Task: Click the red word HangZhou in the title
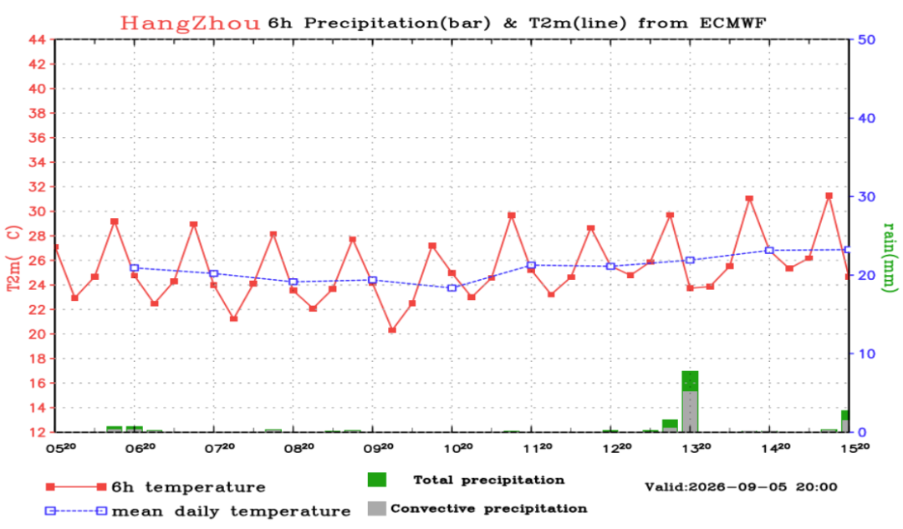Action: (190, 23)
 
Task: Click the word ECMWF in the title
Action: (733, 23)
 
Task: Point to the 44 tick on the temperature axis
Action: (37, 40)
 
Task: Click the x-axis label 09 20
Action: (379, 448)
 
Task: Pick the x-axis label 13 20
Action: (696, 448)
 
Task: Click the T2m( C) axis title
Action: (14, 258)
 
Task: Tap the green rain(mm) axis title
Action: (890, 257)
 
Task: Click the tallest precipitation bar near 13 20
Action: (690, 401)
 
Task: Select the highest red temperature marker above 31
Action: (829, 196)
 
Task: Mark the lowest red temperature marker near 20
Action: (392, 330)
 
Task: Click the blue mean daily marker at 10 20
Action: (452, 287)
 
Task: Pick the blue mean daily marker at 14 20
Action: (769, 251)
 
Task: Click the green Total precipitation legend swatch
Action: (376, 480)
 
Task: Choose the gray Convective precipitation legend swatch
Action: (376, 508)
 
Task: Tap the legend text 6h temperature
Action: (188, 487)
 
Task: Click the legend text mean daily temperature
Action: (231, 511)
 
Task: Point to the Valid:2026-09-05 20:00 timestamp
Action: (741, 487)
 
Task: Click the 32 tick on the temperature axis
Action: (37, 187)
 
